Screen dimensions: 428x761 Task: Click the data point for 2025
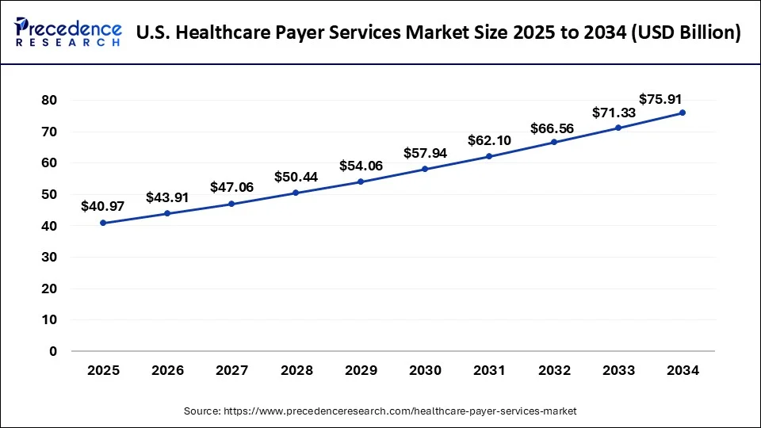(x=103, y=223)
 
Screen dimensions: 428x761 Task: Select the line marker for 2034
(x=683, y=113)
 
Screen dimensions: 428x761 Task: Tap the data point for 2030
(x=425, y=169)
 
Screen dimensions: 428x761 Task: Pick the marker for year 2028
(x=296, y=193)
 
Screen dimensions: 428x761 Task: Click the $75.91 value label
(x=660, y=99)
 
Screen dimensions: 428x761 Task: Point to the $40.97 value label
(x=103, y=206)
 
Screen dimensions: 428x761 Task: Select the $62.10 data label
(x=489, y=140)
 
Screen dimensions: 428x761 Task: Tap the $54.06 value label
(x=361, y=166)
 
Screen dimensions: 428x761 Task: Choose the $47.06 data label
(x=231, y=187)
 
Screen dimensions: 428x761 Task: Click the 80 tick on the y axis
(x=49, y=100)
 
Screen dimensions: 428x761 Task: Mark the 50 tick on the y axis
(x=49, y=194)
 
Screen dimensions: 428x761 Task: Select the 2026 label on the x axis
(x=167, y=370)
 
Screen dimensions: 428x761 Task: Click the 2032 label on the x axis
(x=553, y=370)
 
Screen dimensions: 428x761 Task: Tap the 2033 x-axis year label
(x=618, y=370)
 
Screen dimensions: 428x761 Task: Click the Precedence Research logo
(x=68, y=32)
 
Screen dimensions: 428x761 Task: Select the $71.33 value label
(x=614, y=113)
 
